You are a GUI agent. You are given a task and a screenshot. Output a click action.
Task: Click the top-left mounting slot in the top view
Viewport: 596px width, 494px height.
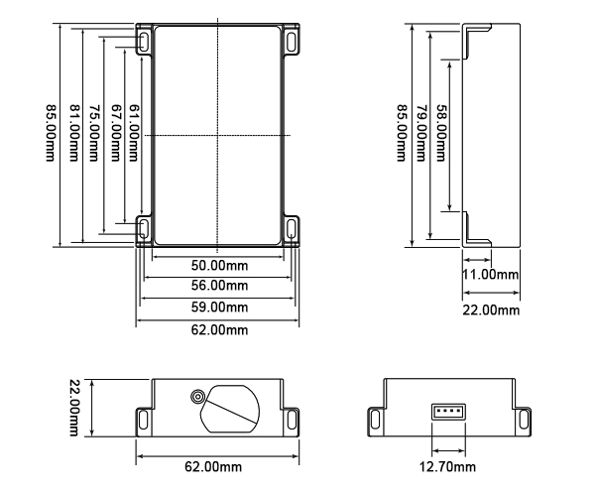click(x=145, y=41)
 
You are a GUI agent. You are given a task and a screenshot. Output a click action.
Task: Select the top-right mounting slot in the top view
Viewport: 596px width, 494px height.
click(x=292, y=41)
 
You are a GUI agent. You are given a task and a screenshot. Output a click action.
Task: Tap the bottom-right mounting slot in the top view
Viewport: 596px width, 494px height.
click(x=292, y=228)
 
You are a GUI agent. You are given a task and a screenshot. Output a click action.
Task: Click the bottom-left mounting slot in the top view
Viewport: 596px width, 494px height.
click(x=145, y=228)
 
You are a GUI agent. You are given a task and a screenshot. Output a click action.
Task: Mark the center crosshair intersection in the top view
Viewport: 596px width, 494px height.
click(x=217, y=134)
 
